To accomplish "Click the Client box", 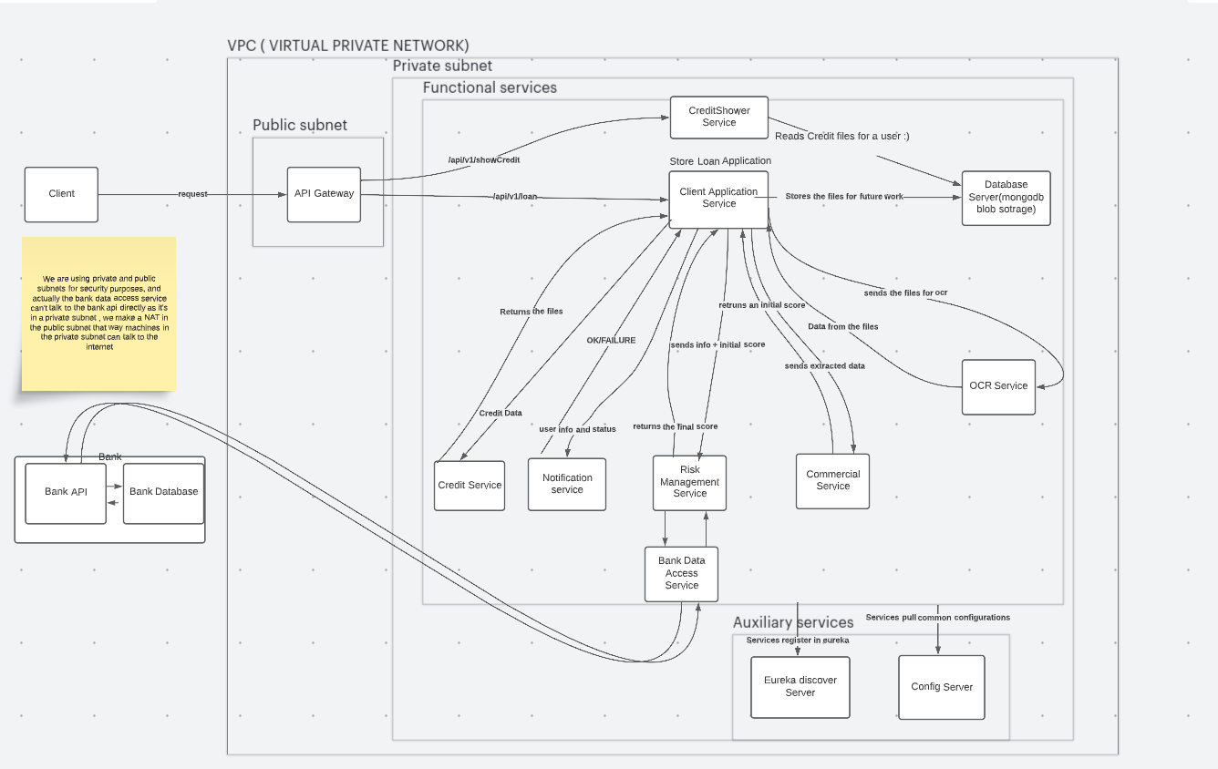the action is [x=61, y=195].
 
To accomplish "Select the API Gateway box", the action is [x=324, y=195].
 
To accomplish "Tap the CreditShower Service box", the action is [x=719, y=118].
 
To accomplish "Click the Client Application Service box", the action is [x=718, y=200].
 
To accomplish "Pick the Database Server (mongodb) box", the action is [x=1006, y=198].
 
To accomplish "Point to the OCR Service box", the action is [x=998, y=387].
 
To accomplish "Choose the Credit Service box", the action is [x=470, y=486].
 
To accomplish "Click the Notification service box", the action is [x=566, y=484].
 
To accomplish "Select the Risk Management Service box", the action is [x=689, y=483].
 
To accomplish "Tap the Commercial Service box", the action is [x=832, y=481].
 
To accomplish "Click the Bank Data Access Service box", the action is [x=681, y=574].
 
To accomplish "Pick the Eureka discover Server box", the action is [x=800, y=687].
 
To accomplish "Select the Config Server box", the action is [x=941, y=687].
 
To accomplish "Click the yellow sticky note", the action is [x=99, y=313].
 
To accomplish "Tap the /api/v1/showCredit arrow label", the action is [x=484, y=159].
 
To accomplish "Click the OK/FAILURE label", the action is [x=611, y=340].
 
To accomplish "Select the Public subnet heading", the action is [x=300, y=125].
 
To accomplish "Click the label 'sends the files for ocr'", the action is [x=905, y=292].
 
